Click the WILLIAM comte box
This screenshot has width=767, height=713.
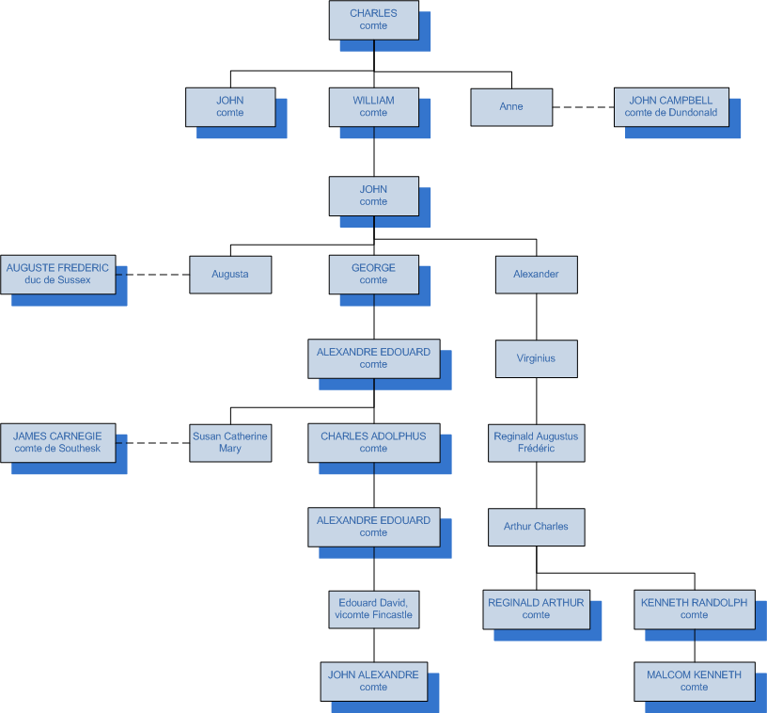[373, 106]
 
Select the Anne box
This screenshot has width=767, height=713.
[511, 107]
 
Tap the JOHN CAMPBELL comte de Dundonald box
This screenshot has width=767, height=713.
[670, 106]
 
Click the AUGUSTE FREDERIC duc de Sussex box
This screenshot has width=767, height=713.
[57, 274]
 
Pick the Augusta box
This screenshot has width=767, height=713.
[230, 274]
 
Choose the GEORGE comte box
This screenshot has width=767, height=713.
[373, 274]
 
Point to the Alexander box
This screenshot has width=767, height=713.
[536, 274]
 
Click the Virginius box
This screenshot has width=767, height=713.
[536, 358]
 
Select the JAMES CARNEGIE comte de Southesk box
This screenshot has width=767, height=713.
[57, 442]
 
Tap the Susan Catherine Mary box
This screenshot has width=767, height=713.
[230, 442]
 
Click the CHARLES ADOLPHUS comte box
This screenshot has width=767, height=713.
[373, 442]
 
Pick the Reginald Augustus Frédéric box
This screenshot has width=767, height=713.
[536, 442]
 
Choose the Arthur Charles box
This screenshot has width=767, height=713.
[536, 527]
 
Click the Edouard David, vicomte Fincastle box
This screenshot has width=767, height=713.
[373, 610]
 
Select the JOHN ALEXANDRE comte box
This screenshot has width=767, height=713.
[373, 681]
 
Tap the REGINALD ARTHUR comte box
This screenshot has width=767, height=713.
[536, 609]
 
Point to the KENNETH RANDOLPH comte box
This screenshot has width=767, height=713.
[694, 609]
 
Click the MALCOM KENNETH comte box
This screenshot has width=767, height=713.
[694, 681]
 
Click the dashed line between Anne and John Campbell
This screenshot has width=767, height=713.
[583, 107]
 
